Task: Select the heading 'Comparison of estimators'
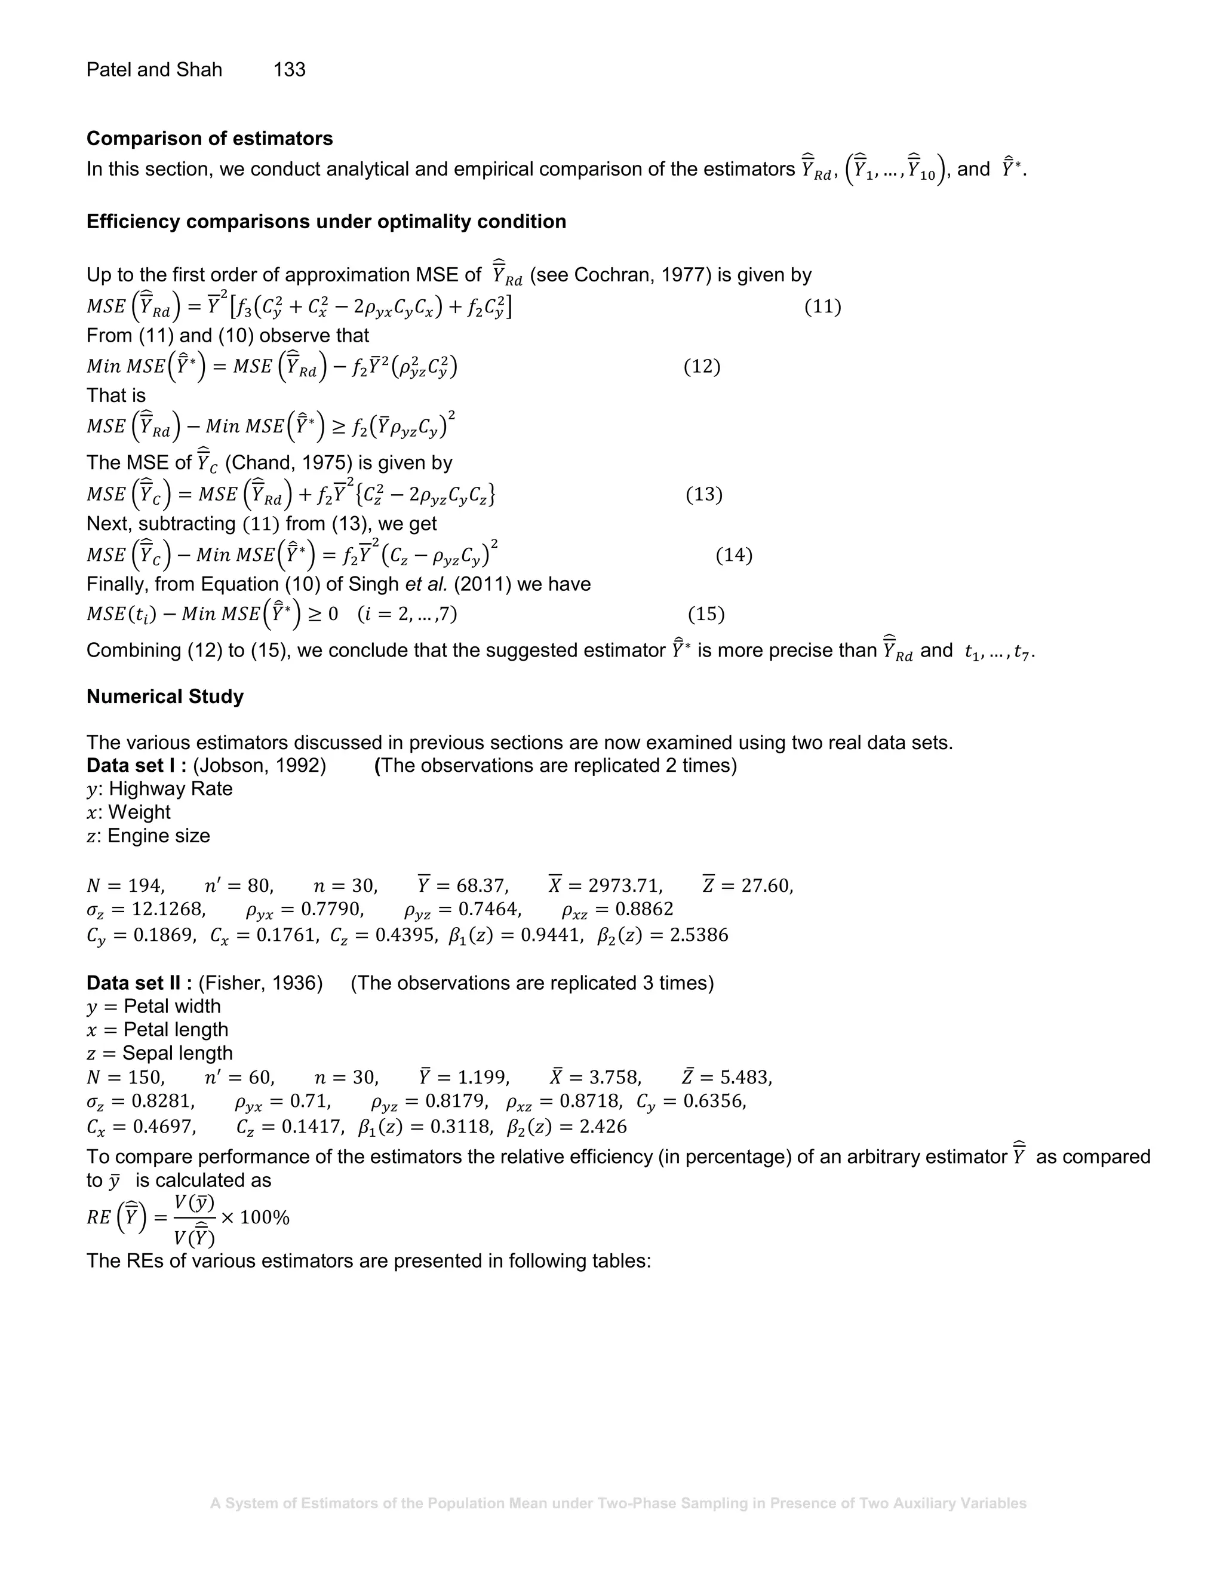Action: (210, 139)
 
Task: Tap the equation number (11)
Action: (822, 306)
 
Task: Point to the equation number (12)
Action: (701, 366)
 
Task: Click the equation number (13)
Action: (703, 495)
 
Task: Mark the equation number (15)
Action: (706, 615)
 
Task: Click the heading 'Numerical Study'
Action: (164, 697)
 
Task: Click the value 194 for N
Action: (146, 886)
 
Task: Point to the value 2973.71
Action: (625, 886)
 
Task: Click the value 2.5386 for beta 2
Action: (699, 935)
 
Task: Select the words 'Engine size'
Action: (159, 836)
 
